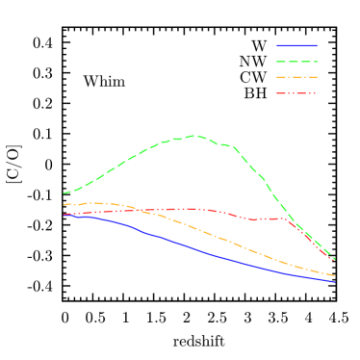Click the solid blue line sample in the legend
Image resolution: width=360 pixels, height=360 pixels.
(296, 45)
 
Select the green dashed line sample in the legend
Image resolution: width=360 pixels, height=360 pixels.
(296, 62)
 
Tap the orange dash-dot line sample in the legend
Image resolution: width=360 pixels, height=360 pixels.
(296, 77)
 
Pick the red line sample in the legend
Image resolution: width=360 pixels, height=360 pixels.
(296, 93)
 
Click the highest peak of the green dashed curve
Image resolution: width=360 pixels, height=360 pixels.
(195, 136)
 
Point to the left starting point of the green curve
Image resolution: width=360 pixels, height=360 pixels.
(64, 193)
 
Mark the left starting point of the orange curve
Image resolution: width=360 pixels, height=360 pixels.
(64, 204)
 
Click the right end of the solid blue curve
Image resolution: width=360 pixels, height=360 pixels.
(335, 281)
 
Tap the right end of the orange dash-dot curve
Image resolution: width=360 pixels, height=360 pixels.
(335, 275)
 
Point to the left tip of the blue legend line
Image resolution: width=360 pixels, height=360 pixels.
(277, 45)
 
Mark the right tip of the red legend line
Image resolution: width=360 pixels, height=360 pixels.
(317, 93)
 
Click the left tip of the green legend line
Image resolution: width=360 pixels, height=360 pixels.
(277, 62)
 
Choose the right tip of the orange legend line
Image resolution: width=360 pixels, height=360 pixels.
(317, 77)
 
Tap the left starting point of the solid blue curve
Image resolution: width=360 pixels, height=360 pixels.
(64, 215)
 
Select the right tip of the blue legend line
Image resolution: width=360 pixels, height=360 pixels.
(317, 45)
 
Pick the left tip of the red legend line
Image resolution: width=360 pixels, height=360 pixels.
(277, 93)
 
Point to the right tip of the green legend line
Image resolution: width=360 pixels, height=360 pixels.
(317, 62)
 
